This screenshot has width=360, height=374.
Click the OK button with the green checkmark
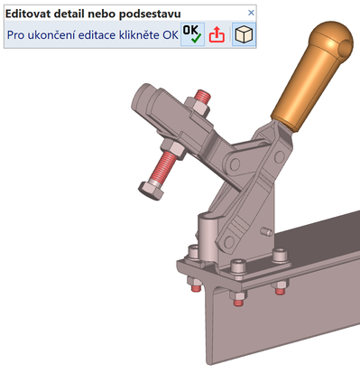tap(192, 34)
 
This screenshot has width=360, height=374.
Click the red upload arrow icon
tap(217, 34)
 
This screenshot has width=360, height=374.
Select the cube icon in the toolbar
tap(244, 34)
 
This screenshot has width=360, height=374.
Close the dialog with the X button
tap(251, 13)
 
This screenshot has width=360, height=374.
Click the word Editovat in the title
tap(27, 14)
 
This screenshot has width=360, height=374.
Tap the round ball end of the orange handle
tap(332, 38)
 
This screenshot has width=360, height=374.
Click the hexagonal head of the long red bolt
tap(151, 190)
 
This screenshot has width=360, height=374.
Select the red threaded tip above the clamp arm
tap(202, 96)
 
